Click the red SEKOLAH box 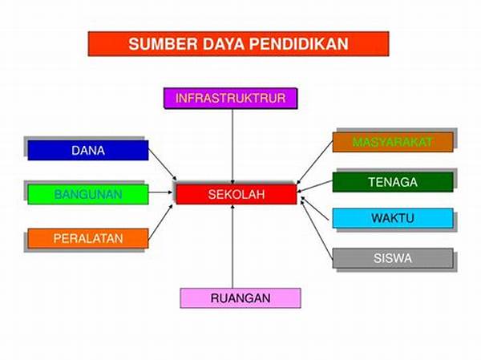click(236, 194)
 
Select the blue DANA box click(88, 150)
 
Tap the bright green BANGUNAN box click(88, 194)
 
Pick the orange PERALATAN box click(88, 238)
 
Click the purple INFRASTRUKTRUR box click(231, 98)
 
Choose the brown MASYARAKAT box click(393, 142)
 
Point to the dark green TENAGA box click(393, 182)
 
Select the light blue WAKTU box click(393, 218)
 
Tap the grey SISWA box click(393, 258)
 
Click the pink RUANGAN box click(240, 298)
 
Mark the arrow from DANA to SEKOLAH click(163, 165)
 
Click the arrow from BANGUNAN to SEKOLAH click(161, 192)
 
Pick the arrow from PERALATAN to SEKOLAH click(160, 221)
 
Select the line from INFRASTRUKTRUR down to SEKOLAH click(232, 147)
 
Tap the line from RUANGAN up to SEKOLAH click(232, 246)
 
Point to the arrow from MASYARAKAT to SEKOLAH click(315, 163)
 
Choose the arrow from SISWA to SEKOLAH click(317, 230)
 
